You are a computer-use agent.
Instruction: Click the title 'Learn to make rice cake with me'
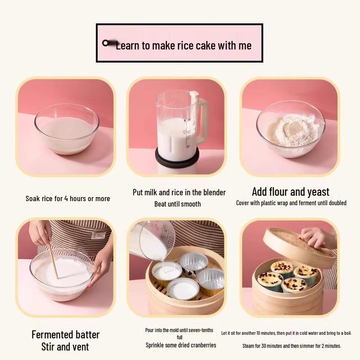[183, 45]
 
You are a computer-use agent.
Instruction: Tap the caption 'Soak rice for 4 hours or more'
[67, 198]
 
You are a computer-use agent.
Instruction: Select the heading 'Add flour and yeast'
[290, 192]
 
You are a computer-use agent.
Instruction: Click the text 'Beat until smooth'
[177, 204]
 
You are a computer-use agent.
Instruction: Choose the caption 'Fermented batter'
[65, 334]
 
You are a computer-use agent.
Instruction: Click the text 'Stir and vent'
[65, 346]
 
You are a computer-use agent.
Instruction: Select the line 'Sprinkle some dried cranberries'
[180, 345]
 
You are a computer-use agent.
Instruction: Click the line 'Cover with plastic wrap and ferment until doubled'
[291, 203]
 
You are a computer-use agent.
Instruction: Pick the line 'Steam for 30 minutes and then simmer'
[292, 346]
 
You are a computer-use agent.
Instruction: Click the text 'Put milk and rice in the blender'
[179, 192]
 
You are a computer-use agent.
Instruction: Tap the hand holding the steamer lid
[318, 236]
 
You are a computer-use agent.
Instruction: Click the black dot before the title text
[106, 43]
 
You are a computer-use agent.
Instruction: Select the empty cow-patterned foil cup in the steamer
[193, 263]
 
